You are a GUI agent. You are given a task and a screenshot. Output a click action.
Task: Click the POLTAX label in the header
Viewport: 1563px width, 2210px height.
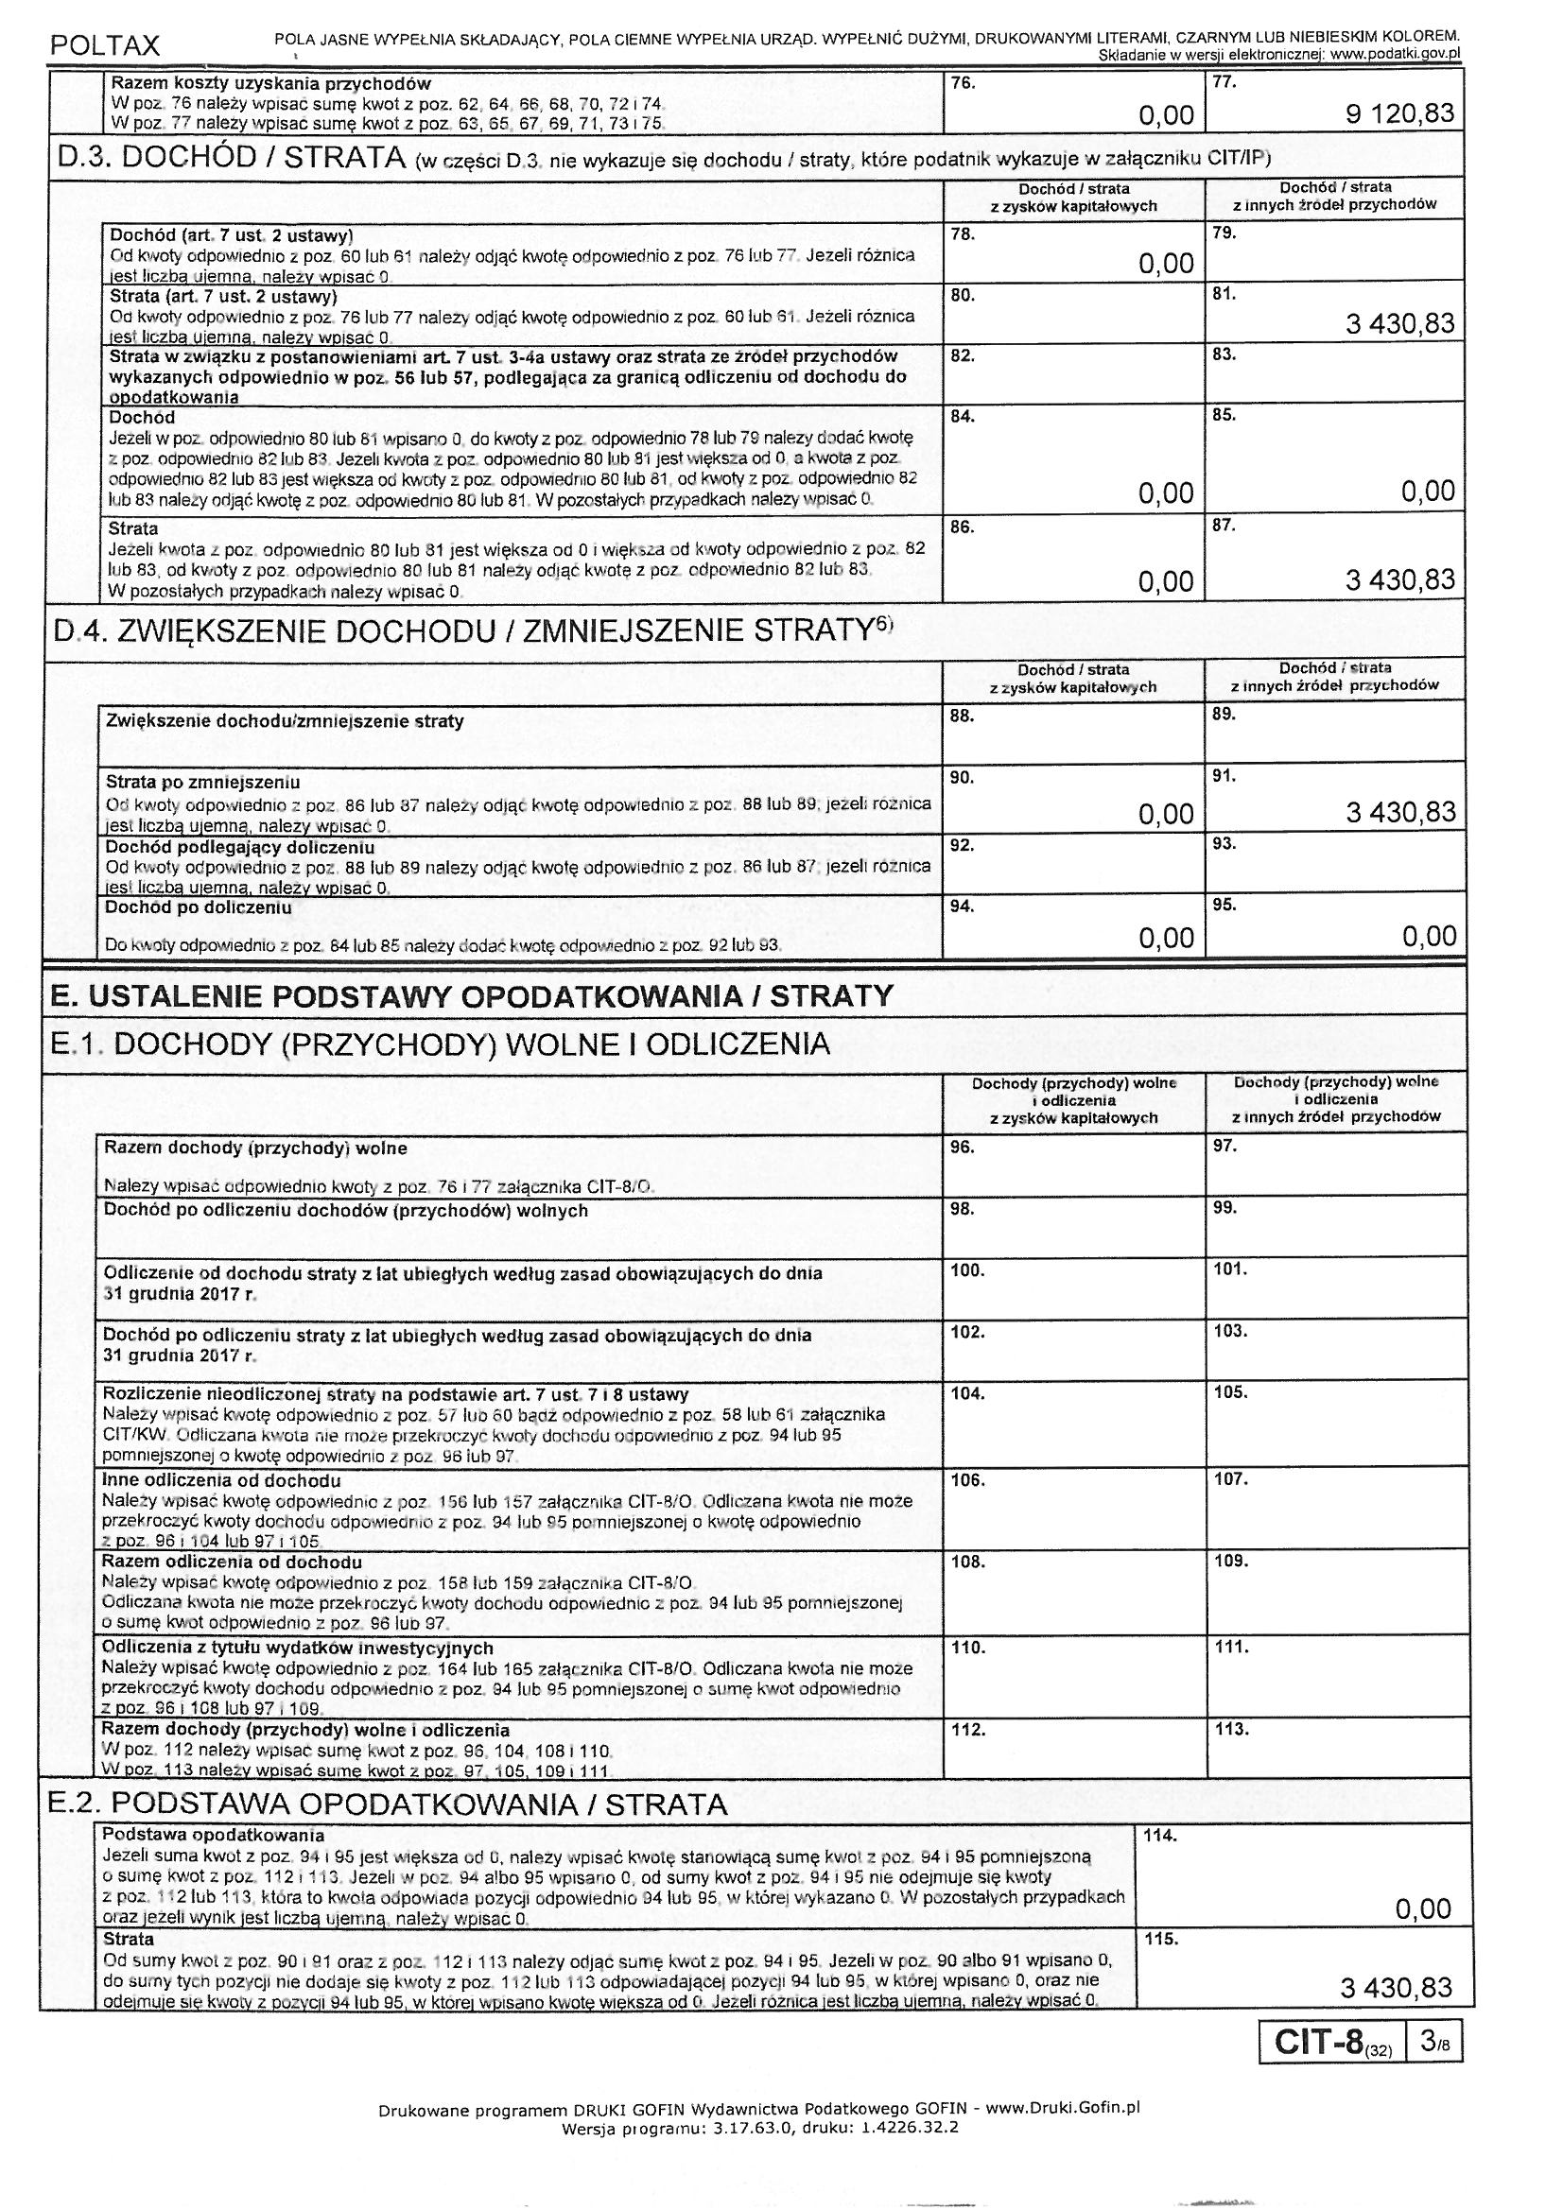click(105, 45)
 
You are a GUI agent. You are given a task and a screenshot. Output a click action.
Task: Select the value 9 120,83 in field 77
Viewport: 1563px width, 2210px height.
click(1400, 114)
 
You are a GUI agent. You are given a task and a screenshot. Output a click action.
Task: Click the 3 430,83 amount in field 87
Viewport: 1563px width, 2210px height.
click(1400, 580)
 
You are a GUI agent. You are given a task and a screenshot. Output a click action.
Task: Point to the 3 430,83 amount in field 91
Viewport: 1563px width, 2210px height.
click(1401, 812)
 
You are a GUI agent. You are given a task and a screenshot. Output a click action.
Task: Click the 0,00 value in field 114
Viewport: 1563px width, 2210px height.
click(1422, 1908)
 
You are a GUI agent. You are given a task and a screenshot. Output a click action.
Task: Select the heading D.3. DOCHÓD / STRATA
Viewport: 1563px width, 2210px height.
click(231, 158)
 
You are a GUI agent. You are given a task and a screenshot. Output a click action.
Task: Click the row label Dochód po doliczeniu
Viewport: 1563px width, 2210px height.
click(199, 906)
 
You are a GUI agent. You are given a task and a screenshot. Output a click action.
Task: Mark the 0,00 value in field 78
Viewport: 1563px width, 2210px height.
click(1166, 264)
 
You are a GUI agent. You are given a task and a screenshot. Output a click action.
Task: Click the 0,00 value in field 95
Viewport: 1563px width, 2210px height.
click(1429, 937)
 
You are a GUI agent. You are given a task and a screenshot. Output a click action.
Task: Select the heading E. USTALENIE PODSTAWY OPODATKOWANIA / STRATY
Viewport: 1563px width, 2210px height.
click(472, 995)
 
